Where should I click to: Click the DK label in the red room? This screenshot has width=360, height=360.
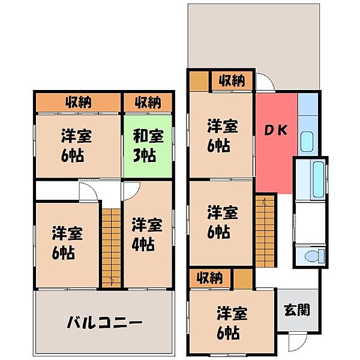(275, 130)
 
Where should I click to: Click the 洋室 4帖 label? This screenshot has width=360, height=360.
(147, 235)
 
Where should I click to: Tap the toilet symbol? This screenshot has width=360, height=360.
(313, 257)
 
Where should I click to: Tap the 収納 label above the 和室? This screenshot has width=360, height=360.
(147, 103)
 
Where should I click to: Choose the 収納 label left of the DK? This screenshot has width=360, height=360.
(231, 80)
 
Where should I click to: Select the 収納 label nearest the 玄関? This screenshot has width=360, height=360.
(209, 278)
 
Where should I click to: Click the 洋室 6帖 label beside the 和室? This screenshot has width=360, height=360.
(75, 146)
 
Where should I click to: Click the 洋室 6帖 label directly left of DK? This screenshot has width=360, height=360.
(223, 136)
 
